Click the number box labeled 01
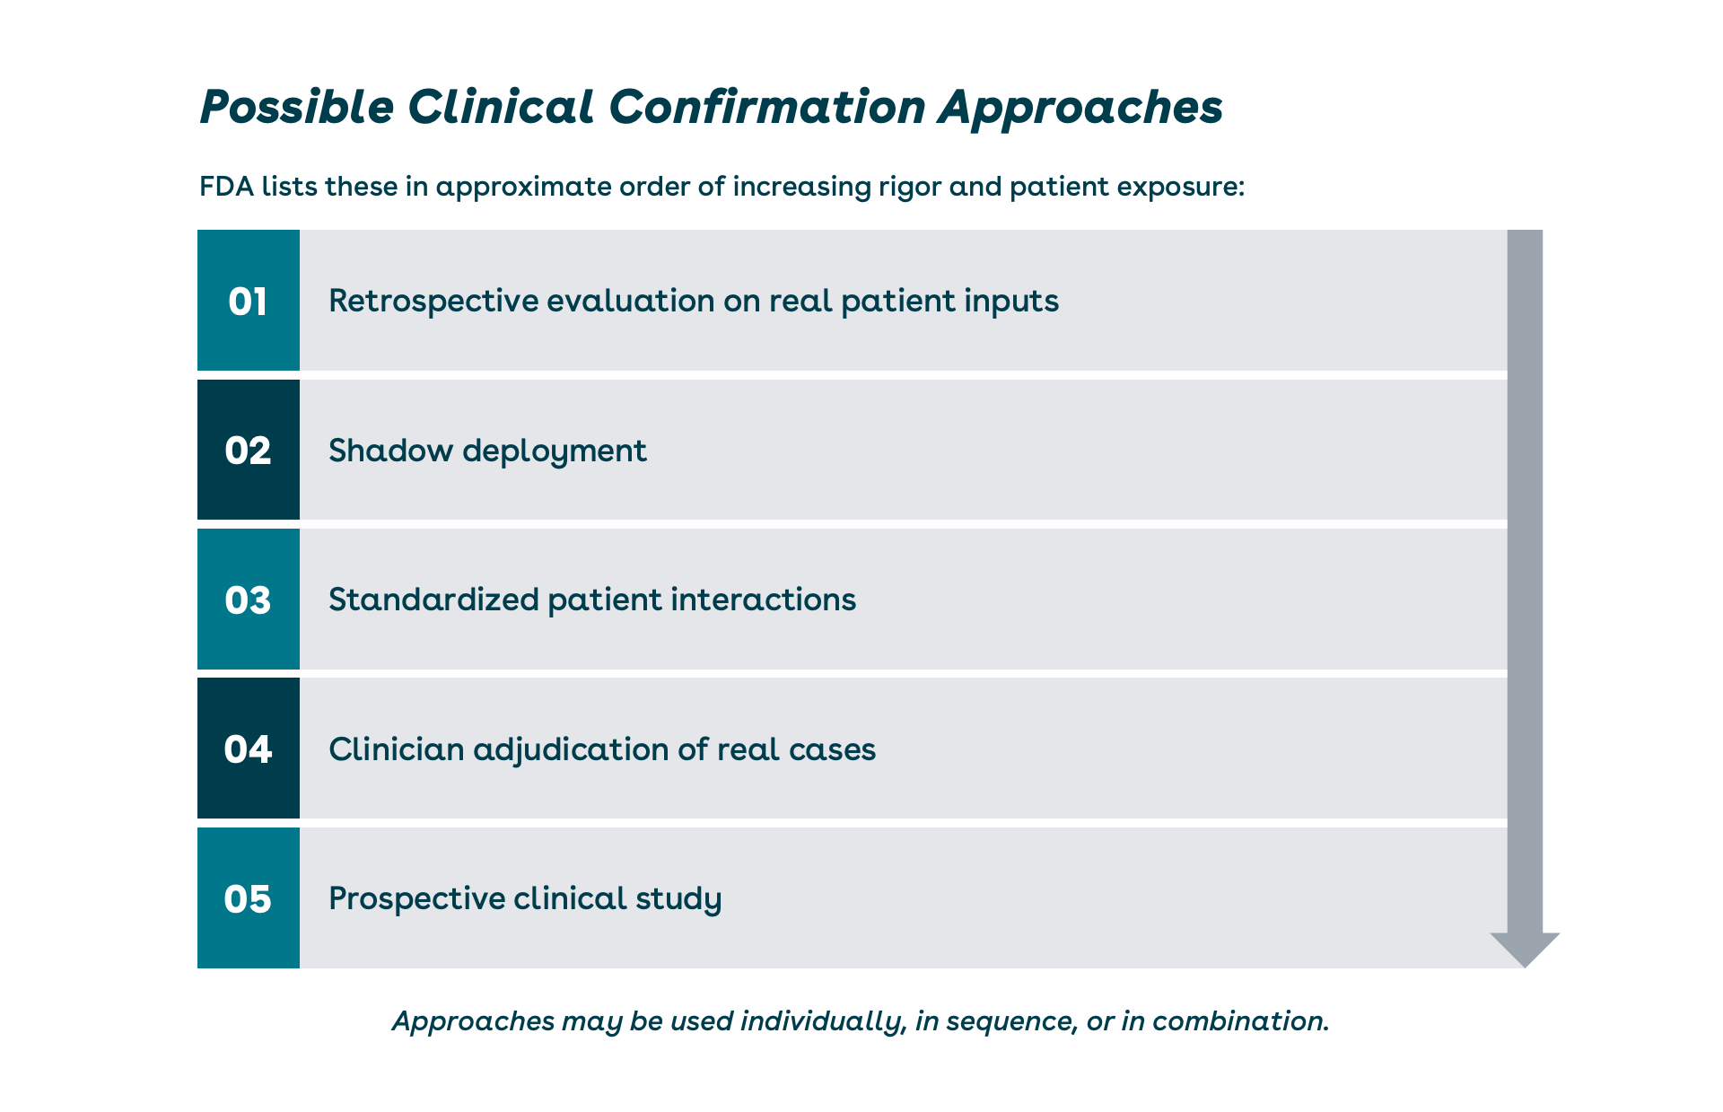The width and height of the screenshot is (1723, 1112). pyautogui.click(x=249, y=300)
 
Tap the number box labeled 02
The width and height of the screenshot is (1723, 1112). pyautogui.click(x=249, y=450)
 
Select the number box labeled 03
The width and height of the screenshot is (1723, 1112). pyautogui.click(x=249, y=599)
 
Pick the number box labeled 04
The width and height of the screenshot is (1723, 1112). pyautogui.click(x=249, y=749)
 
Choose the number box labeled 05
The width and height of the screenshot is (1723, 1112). pyautogui.click(x=249, y=897)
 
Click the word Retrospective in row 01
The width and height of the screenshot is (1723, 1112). pyautogui.click(x=433, y=302)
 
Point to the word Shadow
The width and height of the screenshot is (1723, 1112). pyautogui.click(x=390, y=450)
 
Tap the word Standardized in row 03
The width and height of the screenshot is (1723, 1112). pyautogui.click(x=433, y=600)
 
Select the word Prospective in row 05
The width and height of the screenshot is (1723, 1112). pyautogui.click(x=416, y=899)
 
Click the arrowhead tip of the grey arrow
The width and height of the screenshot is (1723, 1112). pyautogui.click(x=1525, y=967)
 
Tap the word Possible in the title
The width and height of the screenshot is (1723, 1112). pyautogui.click(x=297, y=107)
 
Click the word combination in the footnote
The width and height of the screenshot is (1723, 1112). pyautogui.click(x=1240, y=1021)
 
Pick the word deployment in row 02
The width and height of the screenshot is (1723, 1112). pyautogui.click(x=555, y=451)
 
